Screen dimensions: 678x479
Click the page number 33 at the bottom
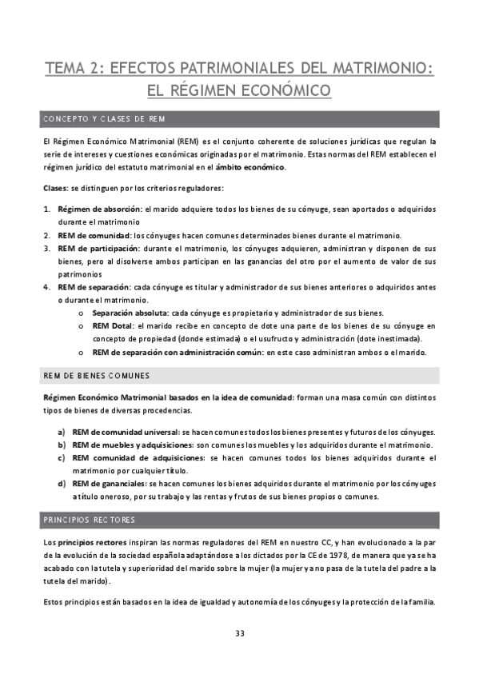(239, 633)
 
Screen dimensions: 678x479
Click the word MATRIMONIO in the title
(377, 70)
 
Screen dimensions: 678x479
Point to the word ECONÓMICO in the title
(272, 90)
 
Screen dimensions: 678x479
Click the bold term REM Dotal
(114, 325)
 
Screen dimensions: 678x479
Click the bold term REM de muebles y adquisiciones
(133, 445)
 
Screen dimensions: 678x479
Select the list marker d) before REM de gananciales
(61, 483)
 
